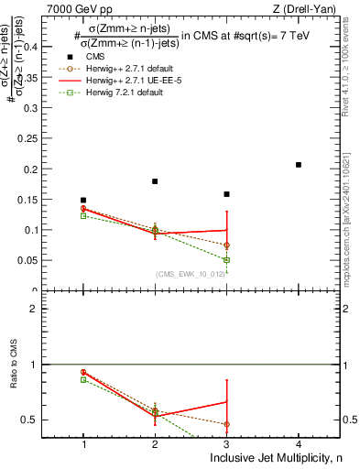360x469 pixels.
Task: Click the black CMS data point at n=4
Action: [299, 165]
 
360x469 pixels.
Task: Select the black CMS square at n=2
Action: [155, 181]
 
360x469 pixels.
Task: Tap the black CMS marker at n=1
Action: [83, 200]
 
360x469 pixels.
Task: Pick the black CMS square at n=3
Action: [226, 194]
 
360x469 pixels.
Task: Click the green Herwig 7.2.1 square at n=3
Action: [226, 260]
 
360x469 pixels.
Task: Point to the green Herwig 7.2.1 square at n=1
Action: [83, 216]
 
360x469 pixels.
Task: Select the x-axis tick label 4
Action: [299, 444]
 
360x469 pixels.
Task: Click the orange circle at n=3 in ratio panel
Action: [226, 424]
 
